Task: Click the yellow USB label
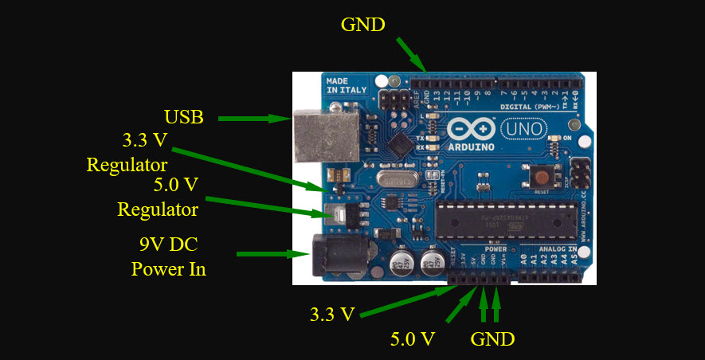[x=184, y=118]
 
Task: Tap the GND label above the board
[x=362, y=25]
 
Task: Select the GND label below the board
[x=492, y=338]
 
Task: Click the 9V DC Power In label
[x=168, y=256]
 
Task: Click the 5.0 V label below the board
[x=412, y=338]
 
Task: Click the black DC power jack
[x=331, y=256]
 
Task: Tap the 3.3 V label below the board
[x=331, y=313]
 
